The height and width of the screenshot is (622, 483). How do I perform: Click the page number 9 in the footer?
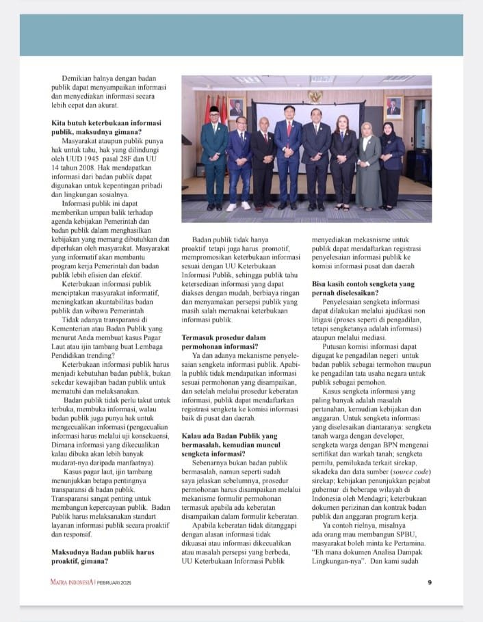(430, 582)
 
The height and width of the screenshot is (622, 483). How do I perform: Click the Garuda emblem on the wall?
(315, 96)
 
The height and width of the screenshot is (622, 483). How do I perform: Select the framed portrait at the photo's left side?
(236, 107)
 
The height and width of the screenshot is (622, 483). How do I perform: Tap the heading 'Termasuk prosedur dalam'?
(223, 337)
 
